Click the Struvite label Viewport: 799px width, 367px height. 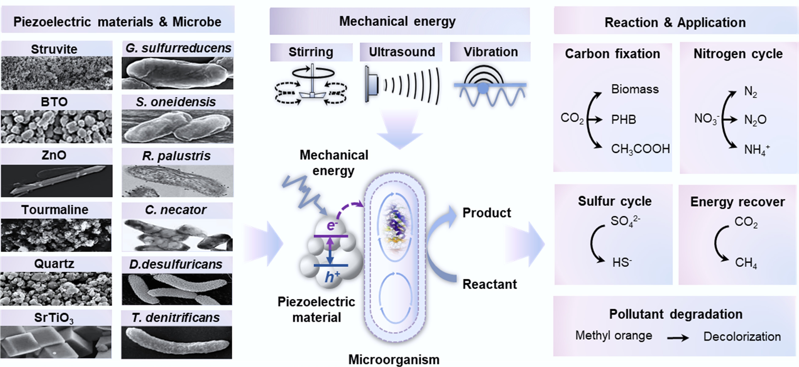pyautogui.click(x=54, y=49)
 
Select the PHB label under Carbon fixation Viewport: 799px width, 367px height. pyautogui.click(x=623, y=120)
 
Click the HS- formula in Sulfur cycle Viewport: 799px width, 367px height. pyautogui.click(x=622, y=263)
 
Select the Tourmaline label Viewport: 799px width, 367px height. pyautogui.click(x=55, y=210)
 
